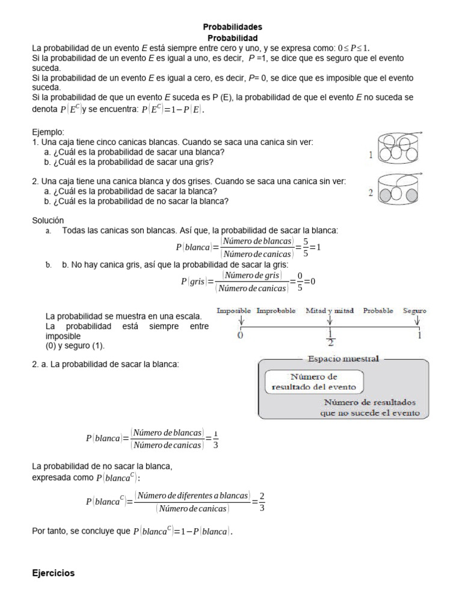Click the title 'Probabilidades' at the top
click(x=232, y=27)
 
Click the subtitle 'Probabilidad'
click(x=232, y=37)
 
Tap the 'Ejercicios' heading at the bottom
click(x=53, y=573)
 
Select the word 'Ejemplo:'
click(x=48, y=132)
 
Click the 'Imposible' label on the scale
click(x=234, y=311)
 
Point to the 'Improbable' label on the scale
click(x=276, y=311)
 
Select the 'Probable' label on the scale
click(x=378, y=311)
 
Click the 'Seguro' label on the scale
click(x=415, y=311)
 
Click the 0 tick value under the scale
click(x=241, y=336)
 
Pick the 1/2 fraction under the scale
click(x=330, y=338)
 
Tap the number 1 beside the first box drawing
click(x=371, y=155)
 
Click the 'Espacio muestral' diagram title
click(x=343, y=359)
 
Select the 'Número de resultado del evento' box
click(x=314, y=382)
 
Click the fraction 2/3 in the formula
click(x=262, y=501)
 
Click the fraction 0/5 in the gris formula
click(x=293, y=281)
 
